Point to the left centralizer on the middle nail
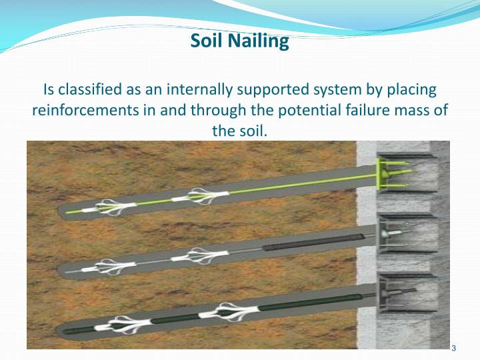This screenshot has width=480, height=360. click(102, 266)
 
